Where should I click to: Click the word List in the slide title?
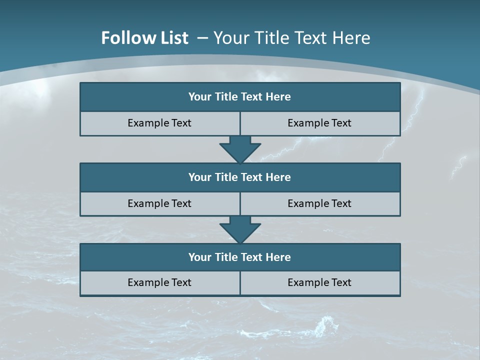[171, 38]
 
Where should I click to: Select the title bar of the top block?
[240, 97]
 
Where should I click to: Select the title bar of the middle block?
[240, 177]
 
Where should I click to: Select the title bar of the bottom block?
[240, 257]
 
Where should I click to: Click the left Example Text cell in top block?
[159, 123]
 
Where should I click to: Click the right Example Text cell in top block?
[319, 123]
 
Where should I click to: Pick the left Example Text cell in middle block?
[159, 203]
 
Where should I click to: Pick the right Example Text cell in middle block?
[319, 203]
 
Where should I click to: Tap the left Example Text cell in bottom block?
[159, 282]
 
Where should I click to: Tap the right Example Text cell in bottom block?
[319, 282]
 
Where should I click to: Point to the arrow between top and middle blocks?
[240, 149]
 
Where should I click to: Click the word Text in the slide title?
[311, 38]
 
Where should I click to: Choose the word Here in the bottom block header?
[278, 257]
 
